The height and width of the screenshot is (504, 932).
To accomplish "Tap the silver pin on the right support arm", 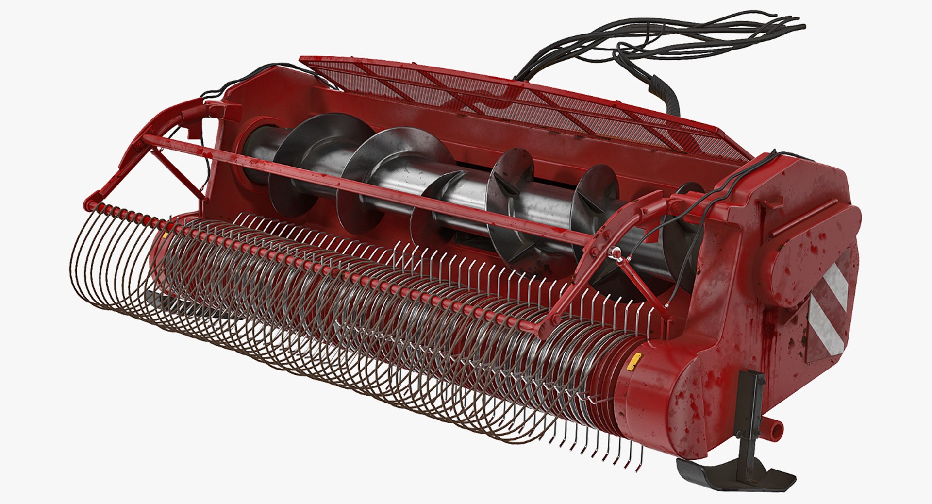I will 616,251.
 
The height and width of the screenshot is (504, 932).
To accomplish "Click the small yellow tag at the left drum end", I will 165,235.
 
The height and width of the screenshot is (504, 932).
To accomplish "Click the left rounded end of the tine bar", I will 89,204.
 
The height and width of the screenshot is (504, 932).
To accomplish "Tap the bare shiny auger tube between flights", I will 466,194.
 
